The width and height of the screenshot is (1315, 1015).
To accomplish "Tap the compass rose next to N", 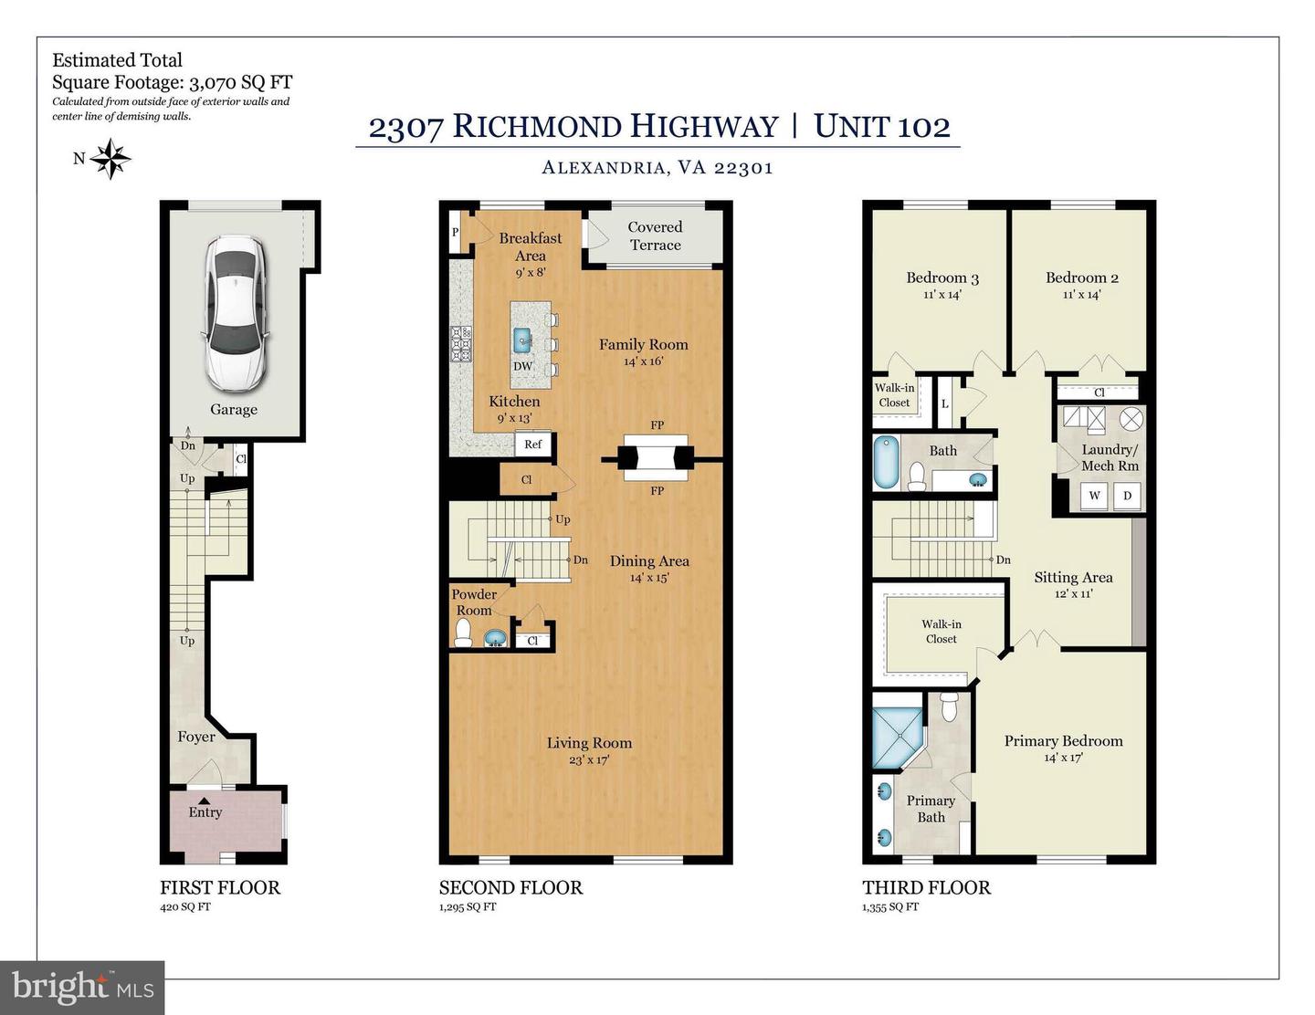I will (x=111, y=159).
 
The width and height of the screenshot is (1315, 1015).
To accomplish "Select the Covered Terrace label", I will (x=655, y=235).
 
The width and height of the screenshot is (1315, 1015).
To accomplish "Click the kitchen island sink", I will (x=523, y=340).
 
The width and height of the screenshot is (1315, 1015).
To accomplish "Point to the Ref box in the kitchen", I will (x=533, y=445).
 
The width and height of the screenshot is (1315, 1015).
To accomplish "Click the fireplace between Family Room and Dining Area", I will (x=657, y=457).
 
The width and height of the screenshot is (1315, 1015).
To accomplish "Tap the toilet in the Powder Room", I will (x=463, y=633).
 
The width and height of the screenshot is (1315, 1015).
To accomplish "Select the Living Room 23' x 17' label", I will (x=589, y=750).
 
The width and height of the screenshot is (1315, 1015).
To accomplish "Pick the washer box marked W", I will (x=1094, y=496).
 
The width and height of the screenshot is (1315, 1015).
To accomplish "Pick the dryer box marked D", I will (x=1127, y=496).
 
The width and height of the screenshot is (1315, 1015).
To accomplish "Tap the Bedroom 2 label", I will (x=1081, y=277).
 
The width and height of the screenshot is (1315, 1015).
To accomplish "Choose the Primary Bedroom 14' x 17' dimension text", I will (x=1063, y=758).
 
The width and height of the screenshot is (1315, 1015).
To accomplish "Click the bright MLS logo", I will (x=82, y=988).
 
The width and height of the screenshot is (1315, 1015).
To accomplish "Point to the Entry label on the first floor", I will (x=205, y=812).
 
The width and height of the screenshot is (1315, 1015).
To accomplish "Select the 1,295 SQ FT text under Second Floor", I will (x=468, y=907).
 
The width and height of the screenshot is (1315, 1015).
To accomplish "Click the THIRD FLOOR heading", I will (x=926, y=887).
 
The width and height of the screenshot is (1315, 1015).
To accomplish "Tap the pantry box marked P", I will (x=455, y=232).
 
